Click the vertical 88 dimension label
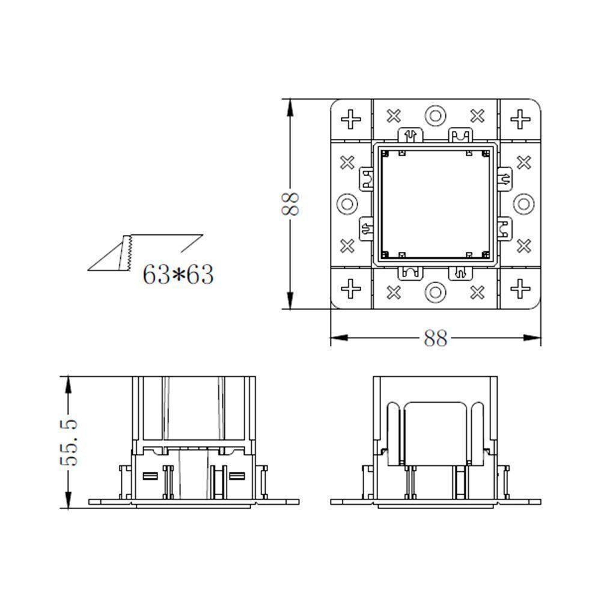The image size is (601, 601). click(291, 204)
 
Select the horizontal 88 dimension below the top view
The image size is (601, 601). click(436, 338)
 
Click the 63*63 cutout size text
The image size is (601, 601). click(178, 275)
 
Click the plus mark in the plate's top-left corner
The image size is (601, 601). click(350, 118)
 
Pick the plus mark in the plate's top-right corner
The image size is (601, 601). click(519, 118)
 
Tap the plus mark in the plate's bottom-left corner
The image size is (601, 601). click(350, 289)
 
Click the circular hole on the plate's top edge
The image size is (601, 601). click(435, 115)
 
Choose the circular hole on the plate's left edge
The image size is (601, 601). click(347, 204)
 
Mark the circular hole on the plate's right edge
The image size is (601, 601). click(523, 204)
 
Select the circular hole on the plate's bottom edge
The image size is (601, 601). click(435, 293)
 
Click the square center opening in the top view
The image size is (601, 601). click(435, 204)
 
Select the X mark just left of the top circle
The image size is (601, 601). click(393, 114)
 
